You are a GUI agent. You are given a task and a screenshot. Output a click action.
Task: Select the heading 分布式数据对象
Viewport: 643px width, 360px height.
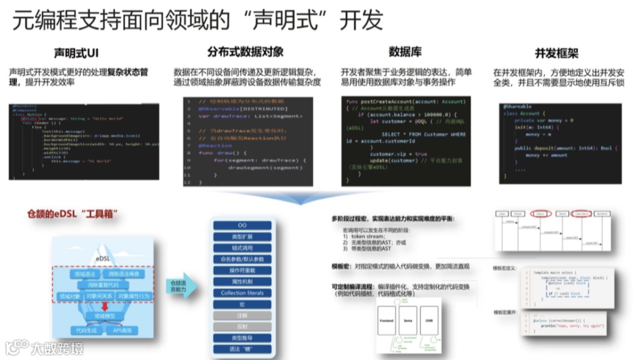245,52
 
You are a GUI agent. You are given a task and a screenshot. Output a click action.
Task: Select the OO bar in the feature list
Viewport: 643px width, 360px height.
242,226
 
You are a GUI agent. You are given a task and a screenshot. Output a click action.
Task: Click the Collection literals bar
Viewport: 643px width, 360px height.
242,293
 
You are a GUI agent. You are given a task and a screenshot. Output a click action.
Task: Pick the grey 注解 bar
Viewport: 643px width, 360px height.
242,315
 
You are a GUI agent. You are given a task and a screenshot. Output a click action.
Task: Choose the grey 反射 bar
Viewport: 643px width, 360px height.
242,327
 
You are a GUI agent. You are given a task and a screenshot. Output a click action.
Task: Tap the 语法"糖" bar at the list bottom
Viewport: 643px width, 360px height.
242,349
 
